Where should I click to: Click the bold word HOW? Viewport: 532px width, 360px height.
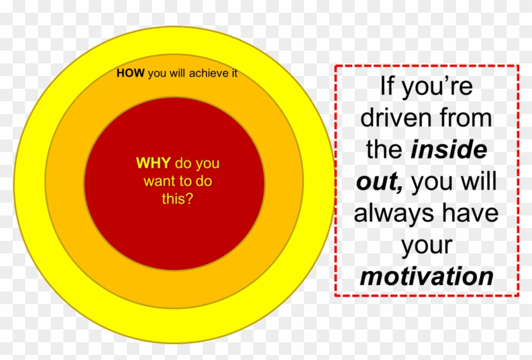tap(130, 74)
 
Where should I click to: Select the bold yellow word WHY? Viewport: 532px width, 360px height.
tap(153, 164)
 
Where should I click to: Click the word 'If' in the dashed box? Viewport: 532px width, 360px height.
tap(388, 87)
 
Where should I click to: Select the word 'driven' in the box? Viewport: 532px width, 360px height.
tap(396, 119)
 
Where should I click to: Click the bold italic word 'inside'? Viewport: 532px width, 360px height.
tap(448, 150)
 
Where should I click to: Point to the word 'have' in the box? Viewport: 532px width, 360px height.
tap(470, 214)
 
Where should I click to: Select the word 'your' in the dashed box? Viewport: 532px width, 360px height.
tap(426, 245)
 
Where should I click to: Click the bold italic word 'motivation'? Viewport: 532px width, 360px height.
tap(426, 277)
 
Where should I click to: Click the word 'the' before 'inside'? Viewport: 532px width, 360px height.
tap(384, 150)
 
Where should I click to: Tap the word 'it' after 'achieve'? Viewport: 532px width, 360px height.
tap(234, 74)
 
